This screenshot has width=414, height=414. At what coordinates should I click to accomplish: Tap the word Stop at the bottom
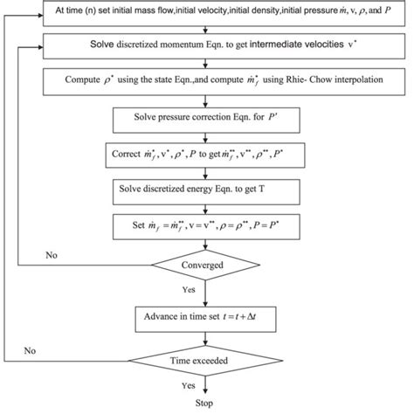(x=204, y=404)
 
